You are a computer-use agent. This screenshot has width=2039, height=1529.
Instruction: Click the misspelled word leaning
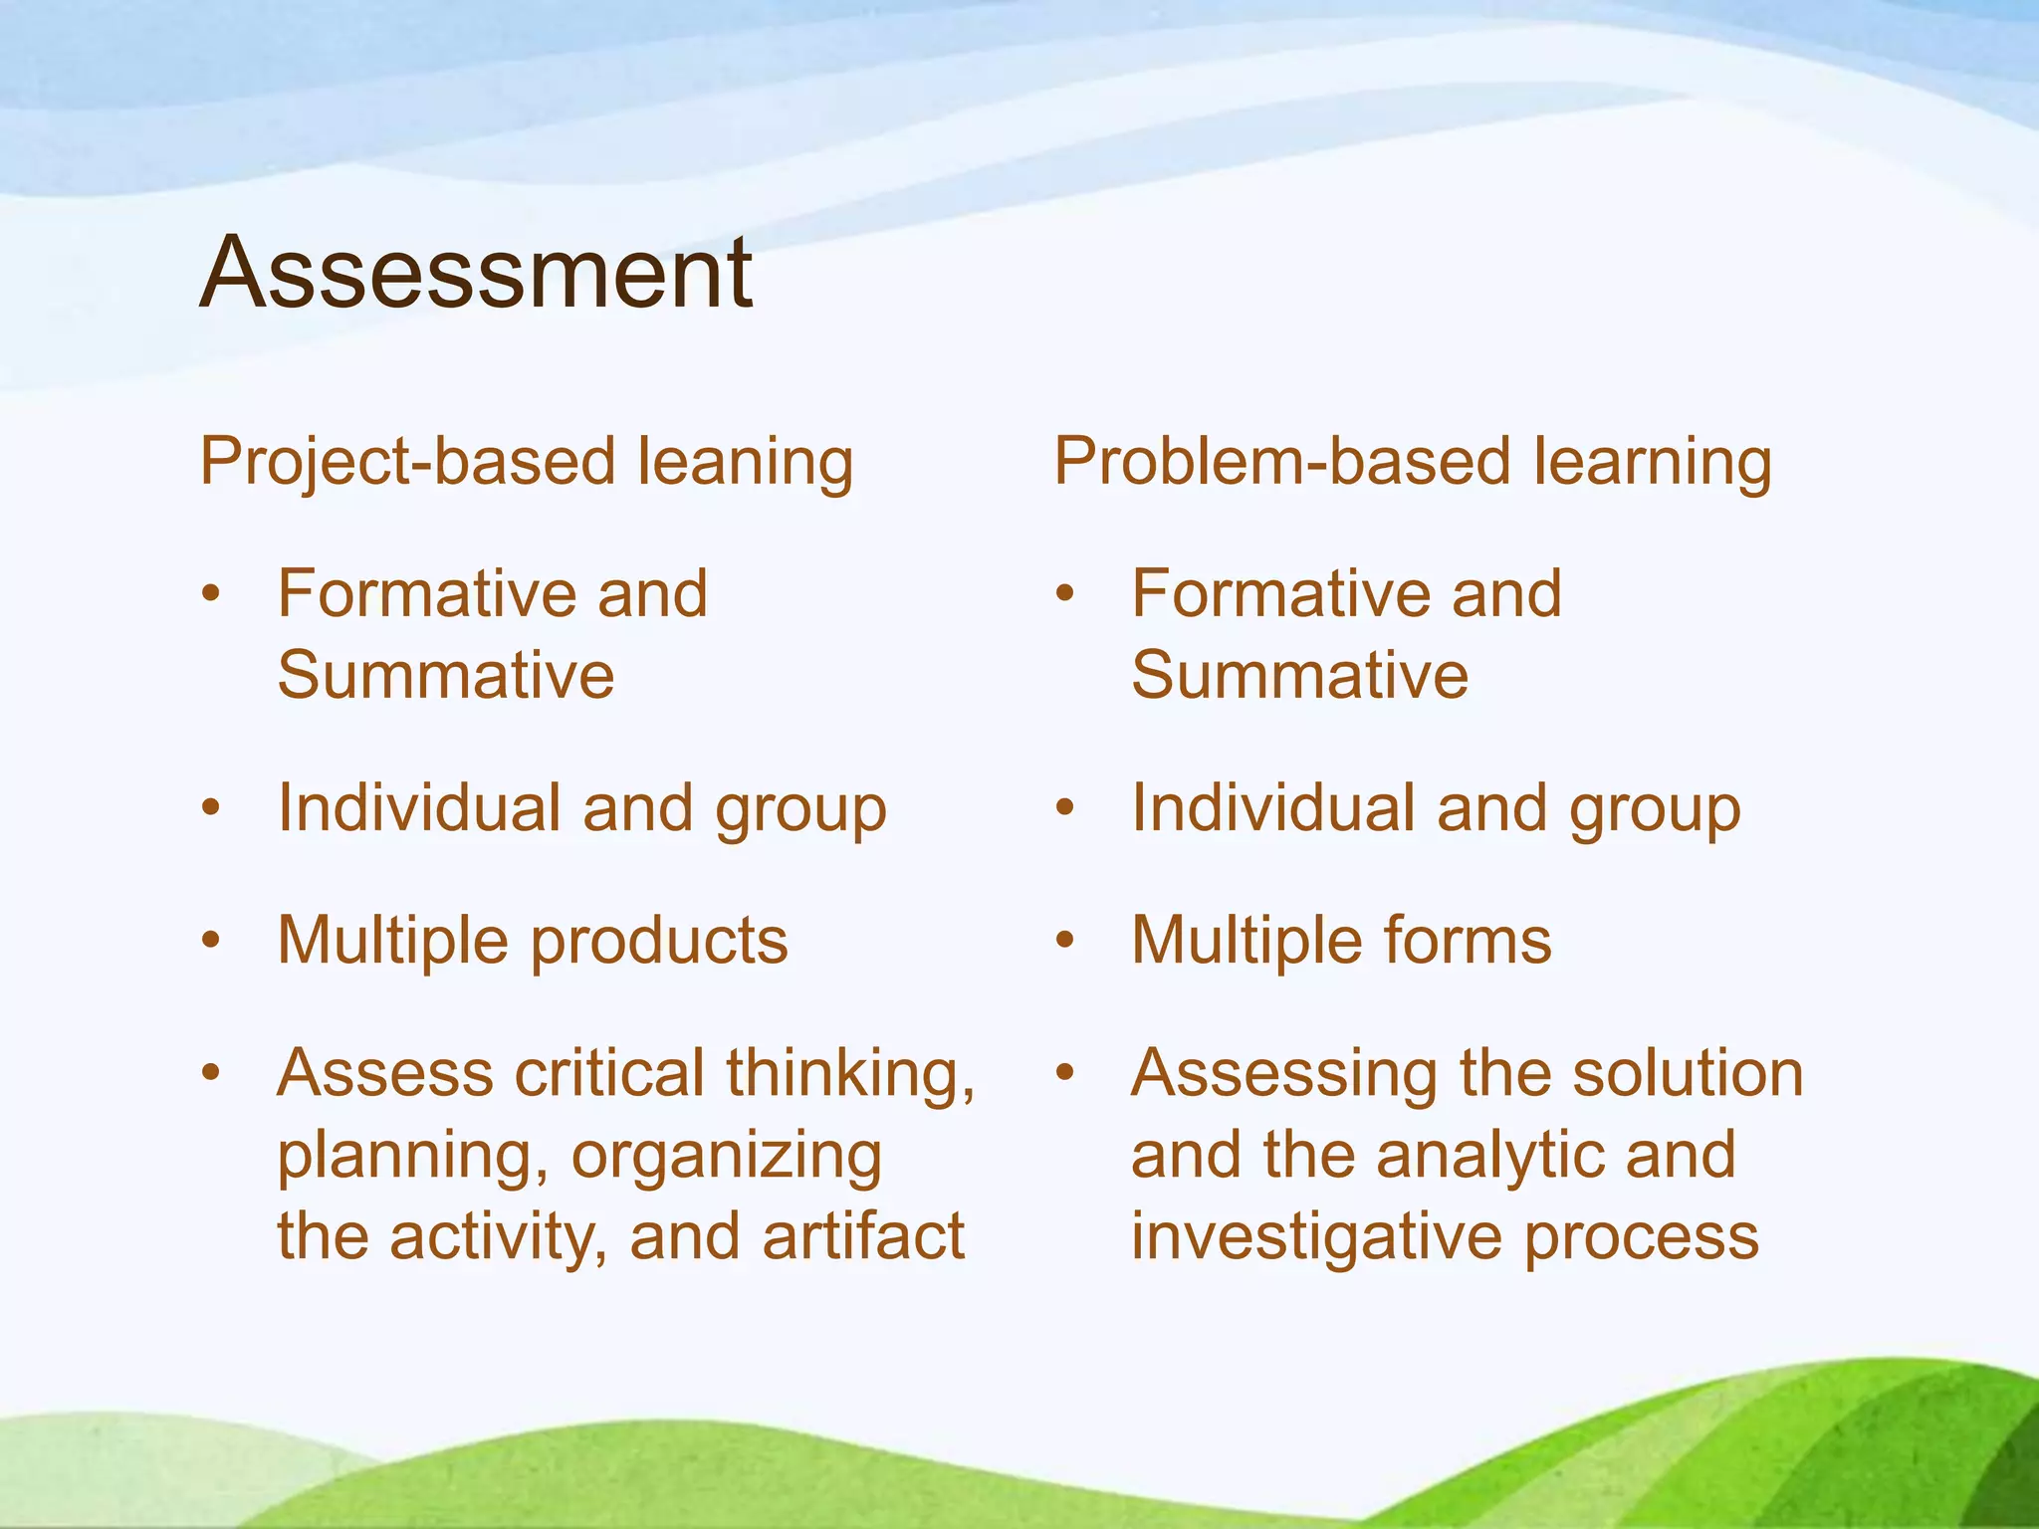point(745,463)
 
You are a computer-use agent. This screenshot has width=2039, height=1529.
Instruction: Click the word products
point(659,942)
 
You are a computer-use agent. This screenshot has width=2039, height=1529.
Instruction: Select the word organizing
point(727,1158)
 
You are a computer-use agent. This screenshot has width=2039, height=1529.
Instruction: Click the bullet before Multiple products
point(210,940)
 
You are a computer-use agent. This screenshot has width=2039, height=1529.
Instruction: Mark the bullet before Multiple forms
point(1064,940)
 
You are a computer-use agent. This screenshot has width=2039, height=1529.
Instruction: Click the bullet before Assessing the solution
point(1064,1072)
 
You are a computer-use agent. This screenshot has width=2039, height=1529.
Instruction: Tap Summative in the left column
point(445,675)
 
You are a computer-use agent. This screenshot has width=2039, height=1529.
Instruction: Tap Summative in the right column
point(1299,675)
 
